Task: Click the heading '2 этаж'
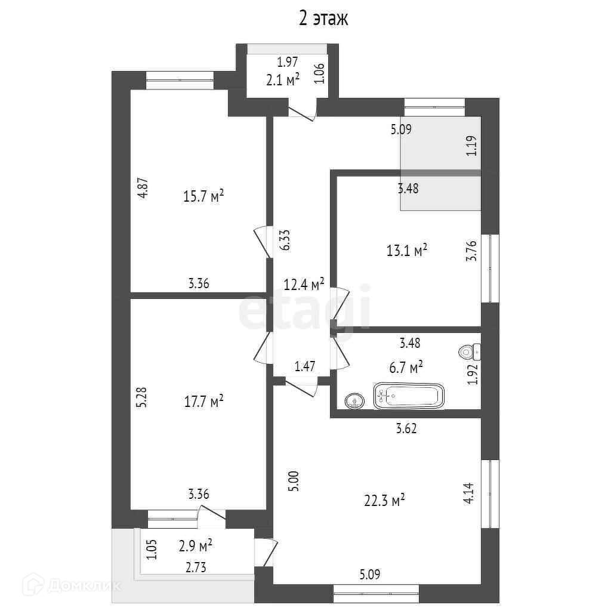pyautogui.click(x=323, y=19)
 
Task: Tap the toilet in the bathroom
pyautogui.click(x=470, y=353)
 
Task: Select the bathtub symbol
pyautogui.click(x=409, y=397)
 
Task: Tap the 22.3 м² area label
pyautogui.click(x=385, y=501)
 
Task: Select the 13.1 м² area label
pyautogui.click(x=407, y=251)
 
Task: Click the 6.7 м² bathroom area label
pyautogui.click(x=406, y=367)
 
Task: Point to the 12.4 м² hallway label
pyautogui.click(x=304, y=283)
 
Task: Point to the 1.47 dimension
pyautogui.click(x=304, y=366)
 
